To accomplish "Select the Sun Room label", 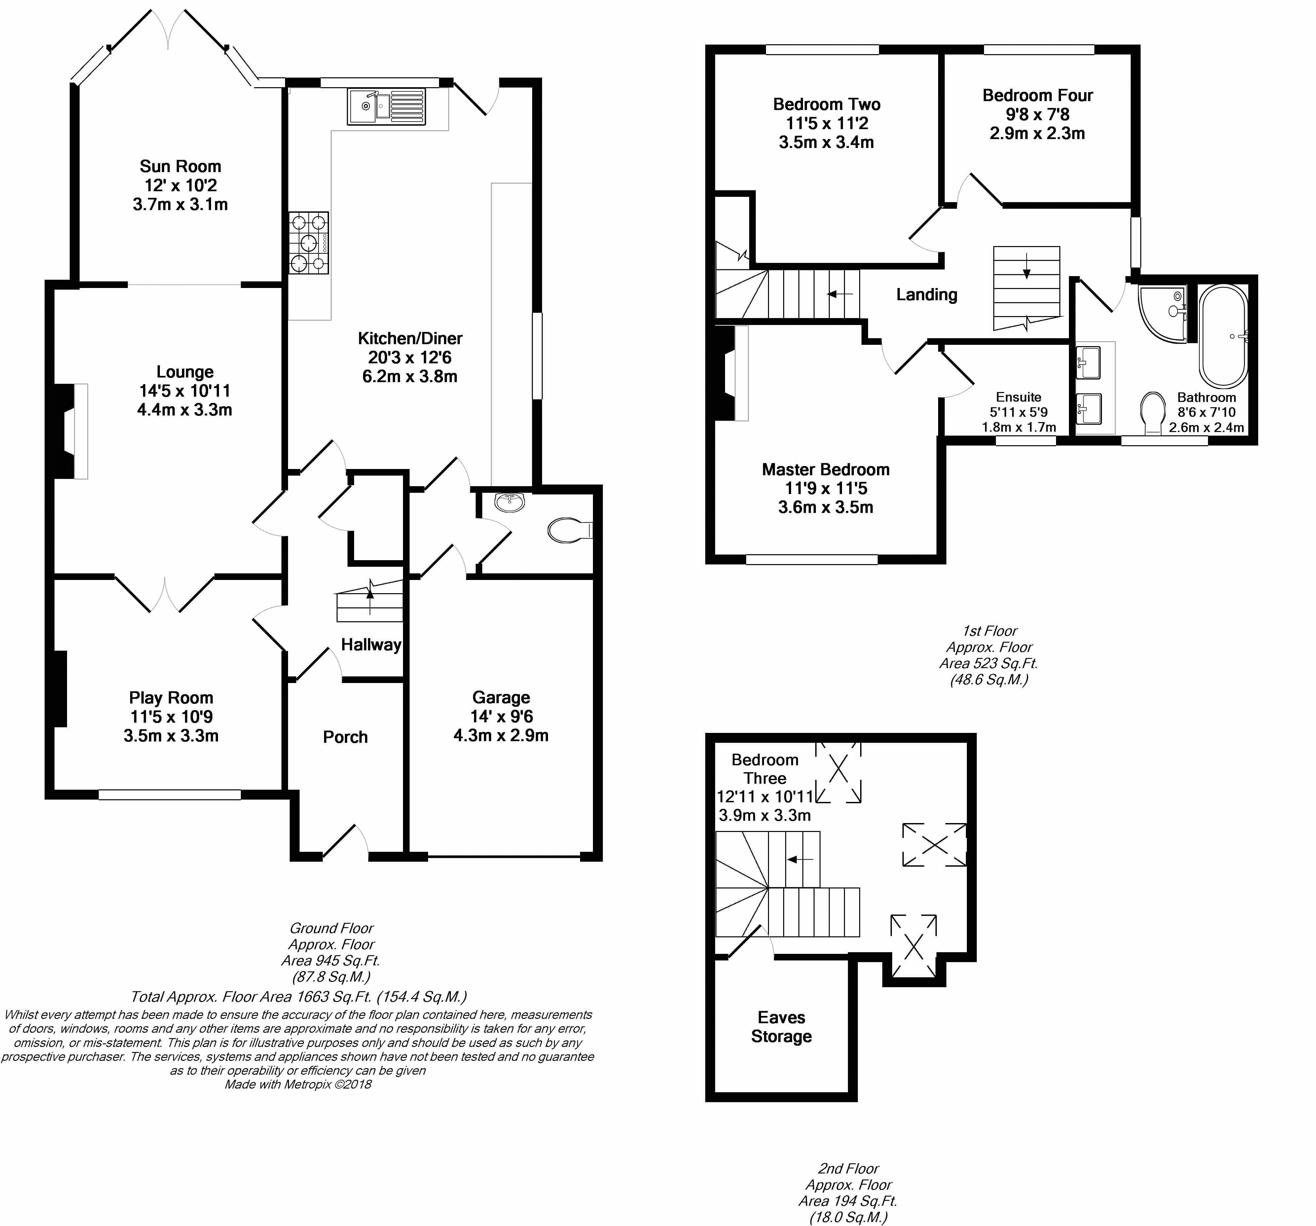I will coord(180,166).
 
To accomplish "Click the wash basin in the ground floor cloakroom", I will coord(510,502).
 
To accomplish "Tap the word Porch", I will coord(345,737).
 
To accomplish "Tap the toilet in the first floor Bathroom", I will coord(1154,412).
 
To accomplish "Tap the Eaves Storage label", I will coord(781,1027).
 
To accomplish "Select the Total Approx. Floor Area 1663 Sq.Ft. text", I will coord(299,996).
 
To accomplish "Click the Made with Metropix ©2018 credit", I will coord(298,1084).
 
